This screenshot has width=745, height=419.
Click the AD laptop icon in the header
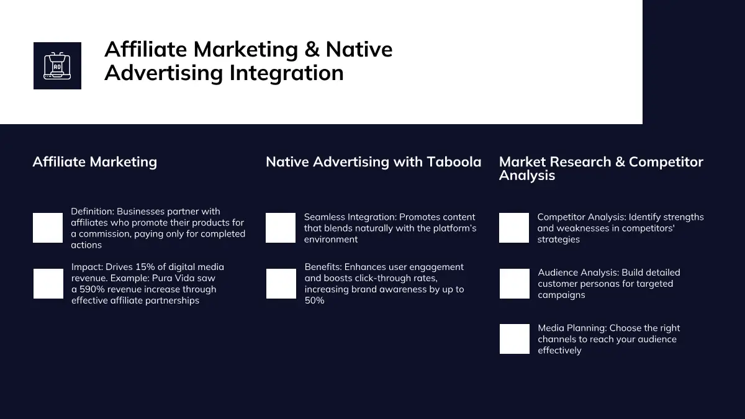[57, 66]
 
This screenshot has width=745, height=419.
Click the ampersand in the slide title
[312, 50]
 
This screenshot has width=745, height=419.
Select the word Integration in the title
[286, 73]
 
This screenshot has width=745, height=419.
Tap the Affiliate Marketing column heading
[95, 162]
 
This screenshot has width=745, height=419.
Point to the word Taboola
[454, 162]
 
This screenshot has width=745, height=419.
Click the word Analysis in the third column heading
[527, 176]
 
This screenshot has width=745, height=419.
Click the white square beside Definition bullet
[48, 228]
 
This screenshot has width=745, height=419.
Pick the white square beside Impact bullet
[48, 284]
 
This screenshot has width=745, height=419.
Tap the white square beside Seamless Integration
[281, 228]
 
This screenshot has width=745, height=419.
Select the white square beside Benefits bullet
[281, 284]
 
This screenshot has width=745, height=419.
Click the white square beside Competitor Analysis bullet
[514, 228]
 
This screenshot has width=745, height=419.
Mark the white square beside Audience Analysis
[515, 284]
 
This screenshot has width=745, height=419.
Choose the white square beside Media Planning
[515, 339]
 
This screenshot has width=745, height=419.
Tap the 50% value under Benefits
[314, 300]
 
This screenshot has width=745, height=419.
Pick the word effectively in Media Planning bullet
[559, 351]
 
